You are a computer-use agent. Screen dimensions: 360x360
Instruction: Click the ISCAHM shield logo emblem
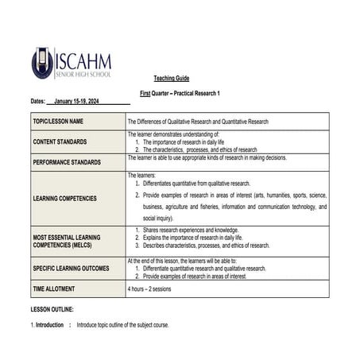(x=42, y=63)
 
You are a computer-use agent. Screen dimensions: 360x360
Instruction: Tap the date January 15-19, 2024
(x=77, y=103)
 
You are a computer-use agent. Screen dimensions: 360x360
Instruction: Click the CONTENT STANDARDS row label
(x=60, y=141)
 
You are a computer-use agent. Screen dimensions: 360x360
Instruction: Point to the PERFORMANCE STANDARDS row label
(x=67, y=161)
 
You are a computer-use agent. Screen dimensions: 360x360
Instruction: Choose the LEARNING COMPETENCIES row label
(x=64, y=198)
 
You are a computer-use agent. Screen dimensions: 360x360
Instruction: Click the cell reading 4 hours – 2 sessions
(x=156, y=288)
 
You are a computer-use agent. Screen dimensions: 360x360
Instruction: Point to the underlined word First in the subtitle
(x=145, y=94)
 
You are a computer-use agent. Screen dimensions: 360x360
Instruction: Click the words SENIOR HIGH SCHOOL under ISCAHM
(x=83, y=74)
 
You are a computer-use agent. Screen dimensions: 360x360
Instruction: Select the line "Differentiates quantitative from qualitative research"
(x=197, y=183)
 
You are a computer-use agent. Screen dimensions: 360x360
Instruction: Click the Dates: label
(x=38, y=103)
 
